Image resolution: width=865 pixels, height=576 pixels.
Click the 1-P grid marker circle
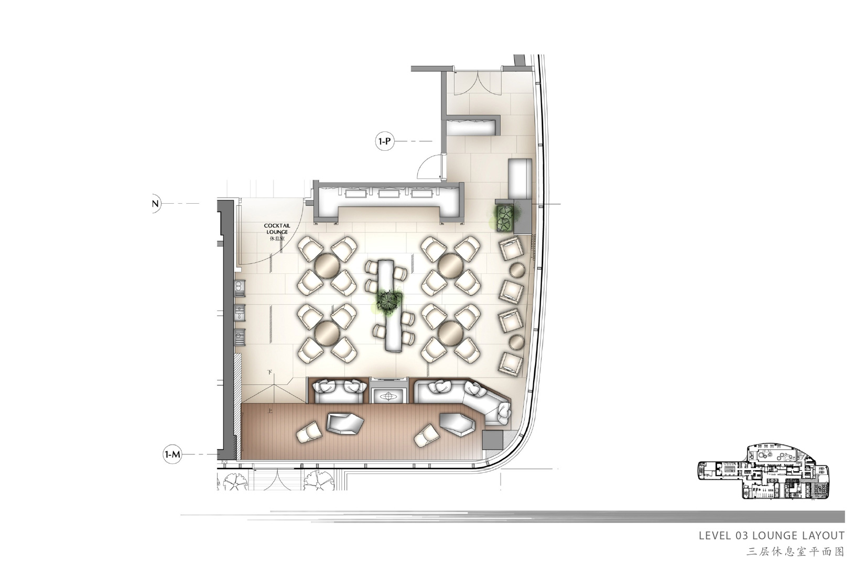pos(384,141)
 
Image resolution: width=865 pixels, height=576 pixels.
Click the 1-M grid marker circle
pos(172,455)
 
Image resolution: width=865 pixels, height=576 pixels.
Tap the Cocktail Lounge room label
pos(277,232)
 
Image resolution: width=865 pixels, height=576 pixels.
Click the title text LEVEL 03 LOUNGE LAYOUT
pos(772,536)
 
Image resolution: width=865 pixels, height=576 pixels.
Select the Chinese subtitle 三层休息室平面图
pos(795,552)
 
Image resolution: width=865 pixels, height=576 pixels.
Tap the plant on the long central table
pos(388,300)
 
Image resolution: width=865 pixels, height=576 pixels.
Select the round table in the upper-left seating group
pos(327,265)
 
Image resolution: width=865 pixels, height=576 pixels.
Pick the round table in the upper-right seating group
pos(451,265)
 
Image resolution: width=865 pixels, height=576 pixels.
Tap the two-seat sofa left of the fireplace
pos(339,391)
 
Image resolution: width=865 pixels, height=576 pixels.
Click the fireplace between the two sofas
pos(390,391)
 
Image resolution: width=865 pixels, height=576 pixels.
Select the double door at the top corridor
pos(478,83)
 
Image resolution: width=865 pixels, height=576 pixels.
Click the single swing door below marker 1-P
pos(430,167)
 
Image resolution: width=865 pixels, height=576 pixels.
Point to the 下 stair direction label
pos(270,373)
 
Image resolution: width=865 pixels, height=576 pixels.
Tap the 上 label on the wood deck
pos(270,411)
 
